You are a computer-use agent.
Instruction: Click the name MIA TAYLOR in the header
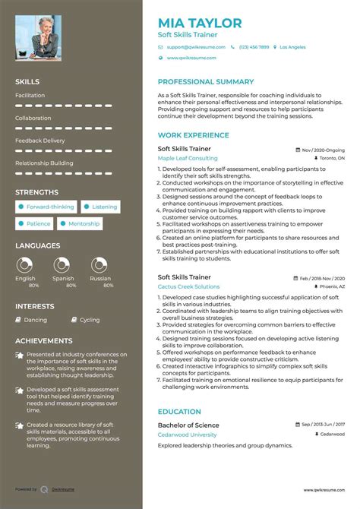pos(200,24)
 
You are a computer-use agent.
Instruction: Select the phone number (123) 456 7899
pos(253,47)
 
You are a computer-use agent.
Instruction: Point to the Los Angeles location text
pos(292,47)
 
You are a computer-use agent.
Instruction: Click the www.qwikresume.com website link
pos(191,58)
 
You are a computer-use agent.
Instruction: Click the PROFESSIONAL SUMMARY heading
pos(206,81)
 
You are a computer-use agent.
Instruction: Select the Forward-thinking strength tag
pos(46,207)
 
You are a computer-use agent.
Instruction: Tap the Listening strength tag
pos(101,207)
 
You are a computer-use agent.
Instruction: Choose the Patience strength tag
pos(35,224)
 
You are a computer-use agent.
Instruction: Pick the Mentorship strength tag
pos(80,224)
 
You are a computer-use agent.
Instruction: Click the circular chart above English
pos(25,265)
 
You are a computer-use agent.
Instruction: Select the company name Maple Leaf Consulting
pos(187,158)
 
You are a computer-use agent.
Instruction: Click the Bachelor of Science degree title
pos(188,425)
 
